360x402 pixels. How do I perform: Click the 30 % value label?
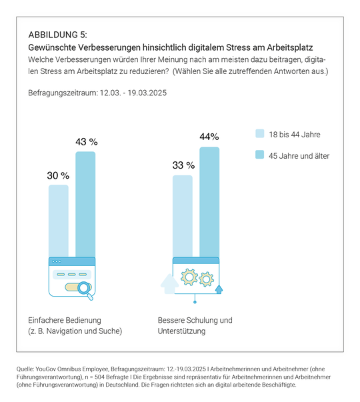click(x=58, y=175)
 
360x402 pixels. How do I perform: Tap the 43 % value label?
click(x=86, y=142)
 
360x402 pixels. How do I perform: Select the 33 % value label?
click(x=183, y=165)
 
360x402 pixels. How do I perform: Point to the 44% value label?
click(x=209, y=137)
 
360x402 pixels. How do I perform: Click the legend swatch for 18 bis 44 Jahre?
click(x=260, y=134)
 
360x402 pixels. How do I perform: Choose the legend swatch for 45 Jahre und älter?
click(x=260, y=155)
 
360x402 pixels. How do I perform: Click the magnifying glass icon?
click(x=85, y=288)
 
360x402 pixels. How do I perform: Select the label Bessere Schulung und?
click(x=195, y=320)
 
